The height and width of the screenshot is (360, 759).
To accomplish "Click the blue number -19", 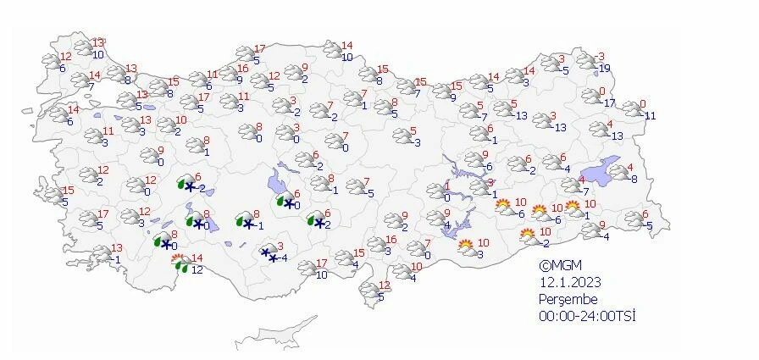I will pos(604,69).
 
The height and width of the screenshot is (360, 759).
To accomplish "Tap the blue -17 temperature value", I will pos(608,103).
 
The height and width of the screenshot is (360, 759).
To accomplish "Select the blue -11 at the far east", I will pos(650,115).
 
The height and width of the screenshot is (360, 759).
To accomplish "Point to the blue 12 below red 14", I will pos(197,270).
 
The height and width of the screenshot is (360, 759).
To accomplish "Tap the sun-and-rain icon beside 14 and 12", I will pos(179,263).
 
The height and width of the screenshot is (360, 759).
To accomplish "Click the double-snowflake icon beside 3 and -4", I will pos(269,253).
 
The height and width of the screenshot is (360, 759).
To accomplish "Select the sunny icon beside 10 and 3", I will pos(466,247).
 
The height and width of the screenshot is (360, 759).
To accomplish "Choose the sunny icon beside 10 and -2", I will pos(528,235).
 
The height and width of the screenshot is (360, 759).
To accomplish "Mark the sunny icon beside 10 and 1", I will pos(573,207).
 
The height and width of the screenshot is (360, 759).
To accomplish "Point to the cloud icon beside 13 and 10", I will pos(82,48).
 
